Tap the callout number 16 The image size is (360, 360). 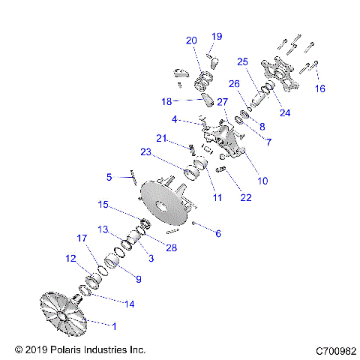[x=320, y=88]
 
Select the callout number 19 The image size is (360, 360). [x=217, y=37]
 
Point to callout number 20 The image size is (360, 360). [x=191, y=40]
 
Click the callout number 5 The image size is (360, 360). [x=109, y=178]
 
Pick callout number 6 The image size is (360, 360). [x=218, y=233]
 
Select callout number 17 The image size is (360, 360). [x=82, y=238]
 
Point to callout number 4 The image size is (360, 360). [x=174, y=119]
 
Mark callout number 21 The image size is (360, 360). [x=161, y=138]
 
